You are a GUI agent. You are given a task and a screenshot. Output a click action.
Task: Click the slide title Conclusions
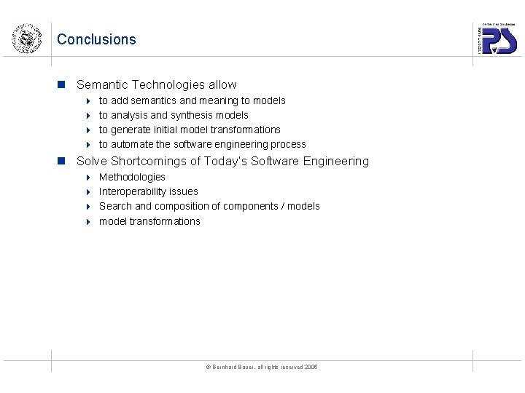tap(96, 39)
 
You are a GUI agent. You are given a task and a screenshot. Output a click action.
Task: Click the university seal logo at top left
tap(26, 38)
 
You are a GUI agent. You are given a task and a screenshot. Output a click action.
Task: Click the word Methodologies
tap(132, 177)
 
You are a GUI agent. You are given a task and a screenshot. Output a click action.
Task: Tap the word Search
tap(115, 206)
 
